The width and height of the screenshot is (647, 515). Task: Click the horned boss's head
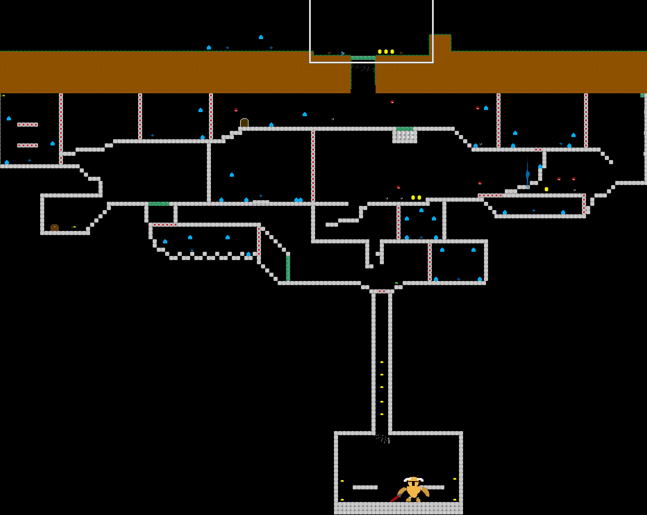(413, 481)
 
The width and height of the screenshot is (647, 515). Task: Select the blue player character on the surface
(342, 53)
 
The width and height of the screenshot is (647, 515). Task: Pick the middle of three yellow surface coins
(386, 52)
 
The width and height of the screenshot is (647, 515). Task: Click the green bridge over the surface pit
(363, 58)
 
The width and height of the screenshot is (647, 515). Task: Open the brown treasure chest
(55, 228)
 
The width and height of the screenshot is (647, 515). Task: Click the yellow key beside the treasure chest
(74, 227)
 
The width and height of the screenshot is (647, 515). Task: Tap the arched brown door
(244, 123)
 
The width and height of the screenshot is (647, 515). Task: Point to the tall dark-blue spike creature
(527, 172)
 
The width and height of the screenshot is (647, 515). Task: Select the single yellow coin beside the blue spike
(546, 189)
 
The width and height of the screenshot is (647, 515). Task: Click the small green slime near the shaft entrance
(396, 283)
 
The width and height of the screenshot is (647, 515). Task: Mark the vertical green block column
(288, 268)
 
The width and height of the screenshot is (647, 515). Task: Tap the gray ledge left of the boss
(365, 487)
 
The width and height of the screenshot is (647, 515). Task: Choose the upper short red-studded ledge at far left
(28, 125)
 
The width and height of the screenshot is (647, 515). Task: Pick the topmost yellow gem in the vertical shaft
(382, 362)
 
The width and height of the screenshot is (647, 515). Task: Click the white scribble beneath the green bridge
(363, 68)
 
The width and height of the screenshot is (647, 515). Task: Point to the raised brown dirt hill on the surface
(440, 43)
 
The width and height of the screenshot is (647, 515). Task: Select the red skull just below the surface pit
(392, 102)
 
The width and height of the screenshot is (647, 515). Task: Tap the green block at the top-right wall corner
(642, 95)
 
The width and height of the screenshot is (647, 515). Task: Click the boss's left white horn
(406, 479)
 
